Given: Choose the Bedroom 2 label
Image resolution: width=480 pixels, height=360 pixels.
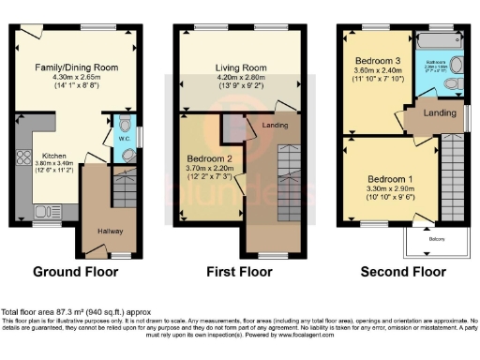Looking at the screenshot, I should [207, 158].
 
